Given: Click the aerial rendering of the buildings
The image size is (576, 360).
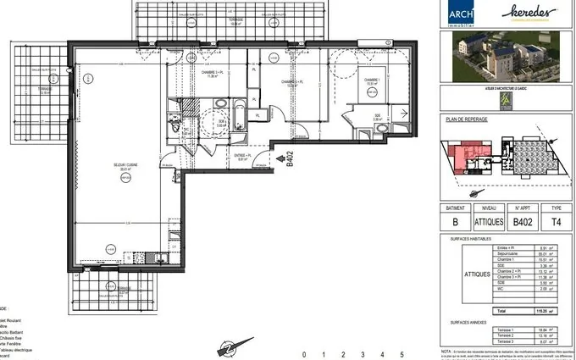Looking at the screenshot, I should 507,60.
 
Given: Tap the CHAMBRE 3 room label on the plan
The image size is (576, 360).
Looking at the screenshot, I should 213,73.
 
